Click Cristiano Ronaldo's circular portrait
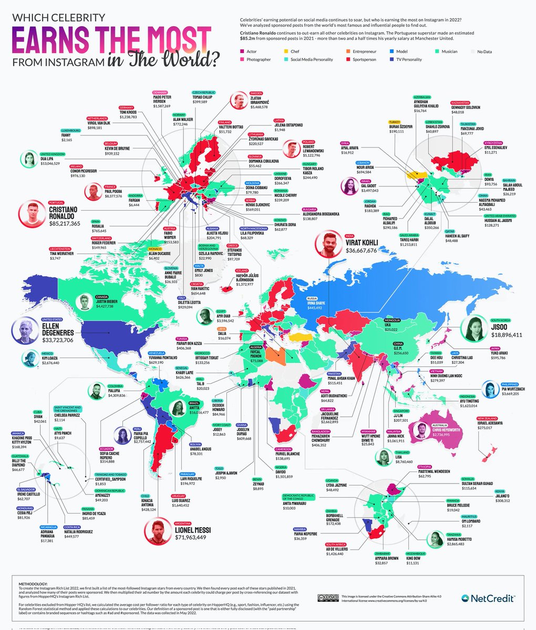tap(32, 213)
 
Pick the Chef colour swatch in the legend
tap(286, 51)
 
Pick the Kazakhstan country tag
tap(461, 102)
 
